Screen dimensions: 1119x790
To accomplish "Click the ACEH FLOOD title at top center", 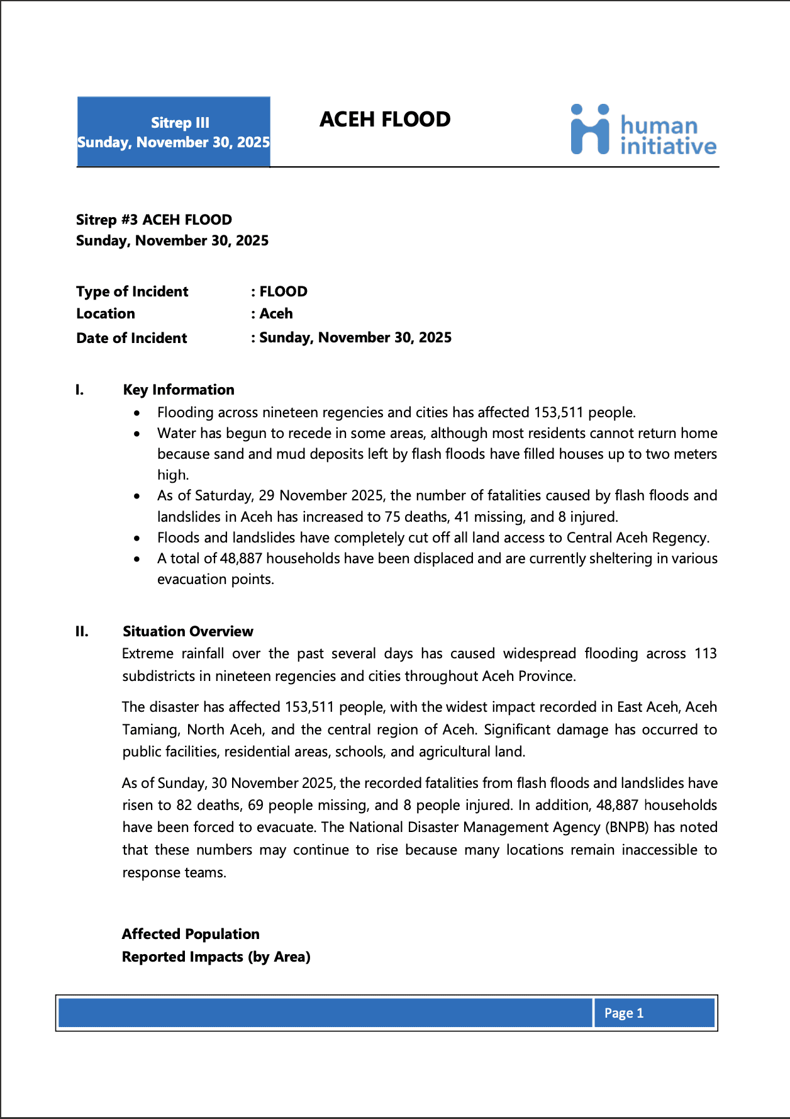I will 385,120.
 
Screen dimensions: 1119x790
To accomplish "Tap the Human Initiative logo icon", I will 590,130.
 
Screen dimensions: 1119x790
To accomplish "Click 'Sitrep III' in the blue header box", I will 180,123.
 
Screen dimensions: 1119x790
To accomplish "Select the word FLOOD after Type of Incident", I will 284,291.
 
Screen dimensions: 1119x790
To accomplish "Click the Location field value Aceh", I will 276,313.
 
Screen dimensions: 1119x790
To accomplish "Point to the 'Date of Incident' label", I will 131,338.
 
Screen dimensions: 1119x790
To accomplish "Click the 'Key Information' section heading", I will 179,390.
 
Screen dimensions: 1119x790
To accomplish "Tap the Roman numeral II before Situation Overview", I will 82,631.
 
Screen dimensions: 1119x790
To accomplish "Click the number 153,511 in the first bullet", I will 559,412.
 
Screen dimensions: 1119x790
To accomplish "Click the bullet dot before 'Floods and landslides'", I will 137,538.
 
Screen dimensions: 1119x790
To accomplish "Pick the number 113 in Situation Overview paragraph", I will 705,653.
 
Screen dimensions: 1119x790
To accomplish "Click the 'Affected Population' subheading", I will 191,934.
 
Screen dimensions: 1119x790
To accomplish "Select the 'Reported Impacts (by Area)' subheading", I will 216,957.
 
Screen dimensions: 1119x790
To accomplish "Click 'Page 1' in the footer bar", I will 623,1013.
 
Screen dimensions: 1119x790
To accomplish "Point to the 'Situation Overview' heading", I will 188,631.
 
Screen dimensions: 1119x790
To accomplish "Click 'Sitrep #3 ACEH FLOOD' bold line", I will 154,220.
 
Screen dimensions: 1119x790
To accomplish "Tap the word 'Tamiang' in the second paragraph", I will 151,729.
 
